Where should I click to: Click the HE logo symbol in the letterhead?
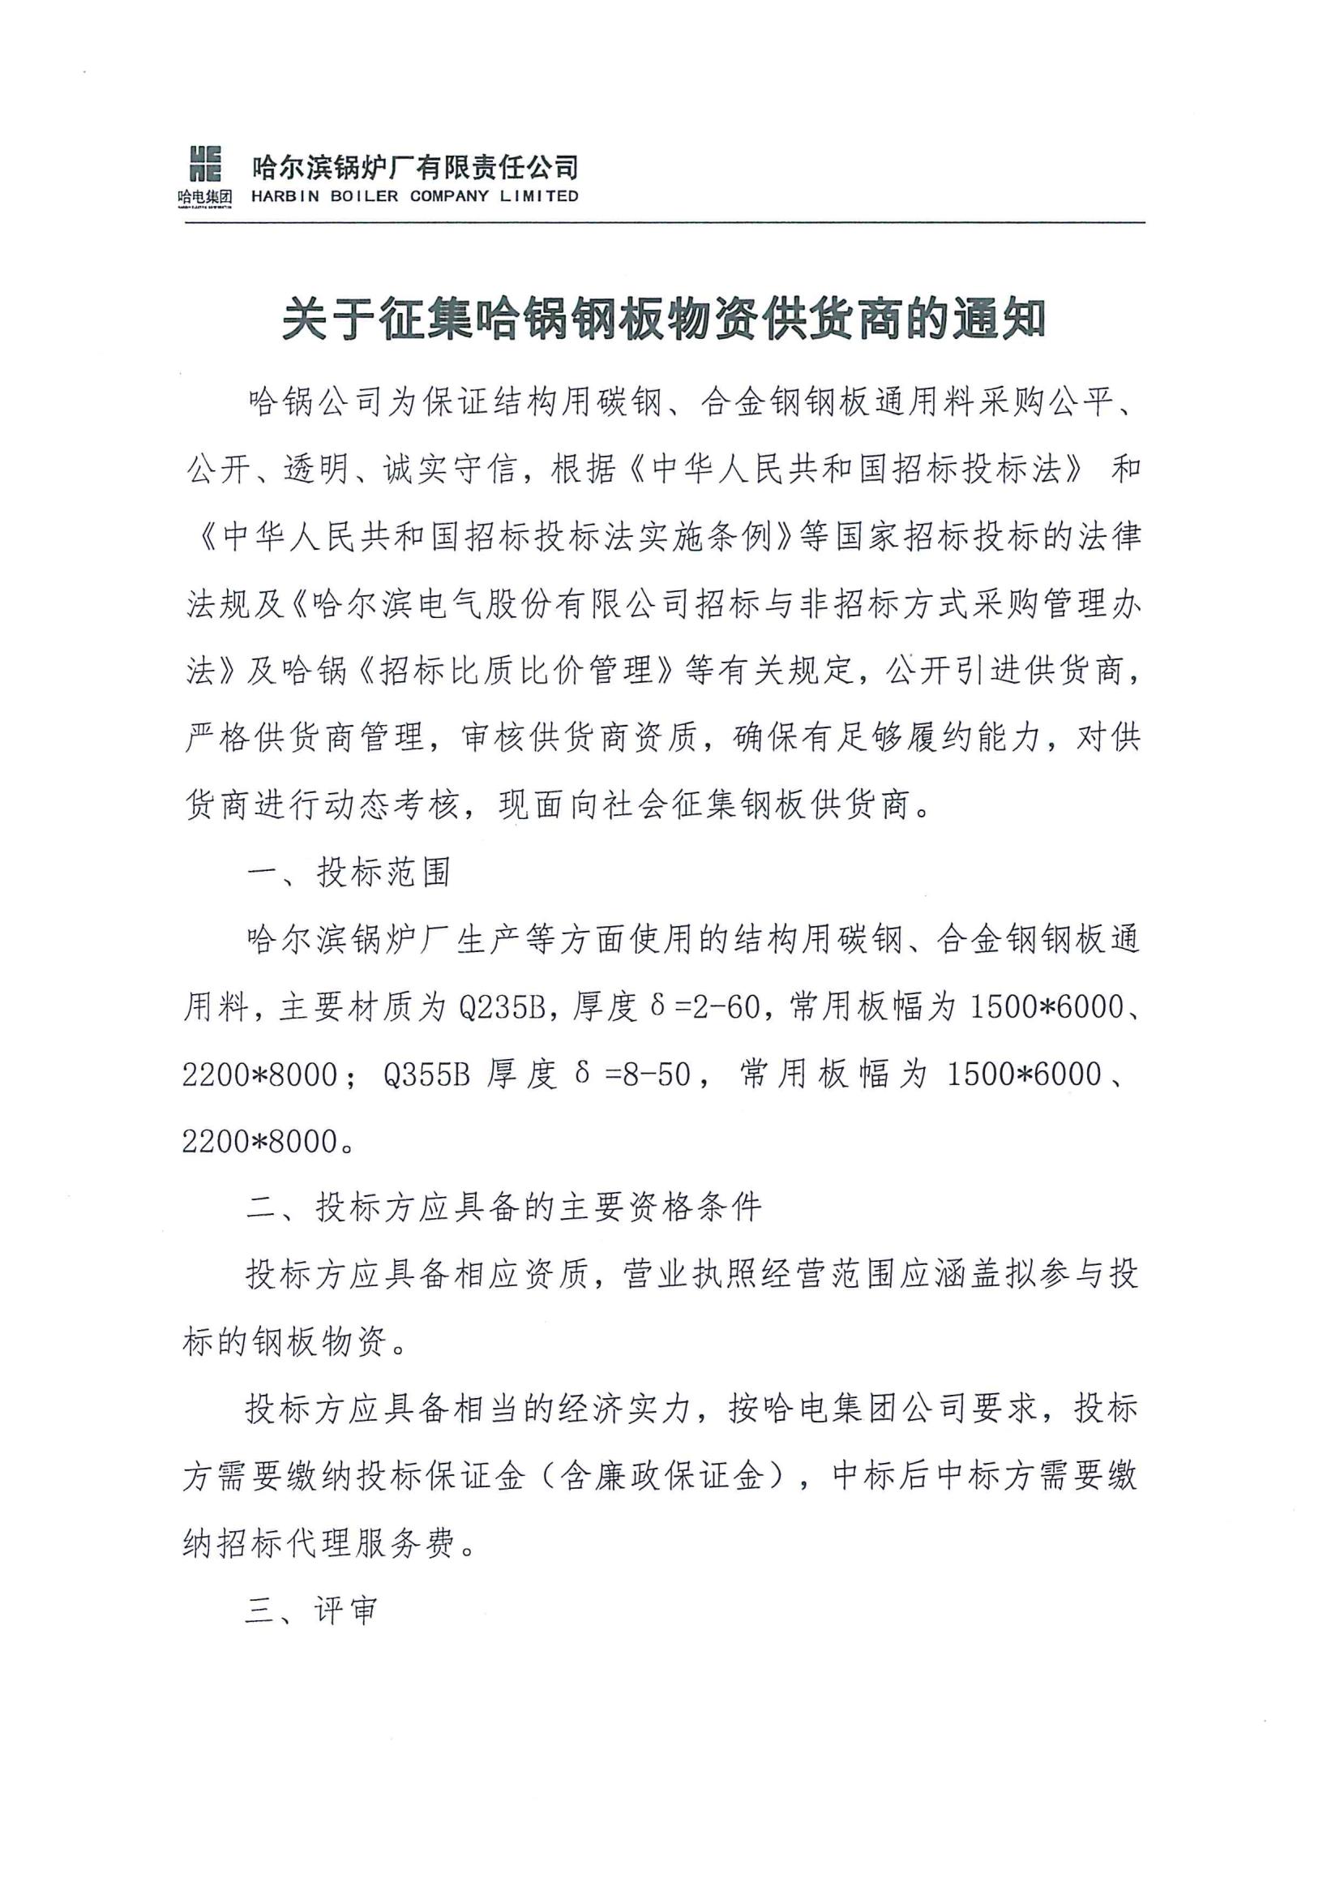tap(206, 163)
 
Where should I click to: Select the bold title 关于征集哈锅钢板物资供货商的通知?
tap(664, 321)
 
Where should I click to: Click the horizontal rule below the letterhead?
tap(664, 223)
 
